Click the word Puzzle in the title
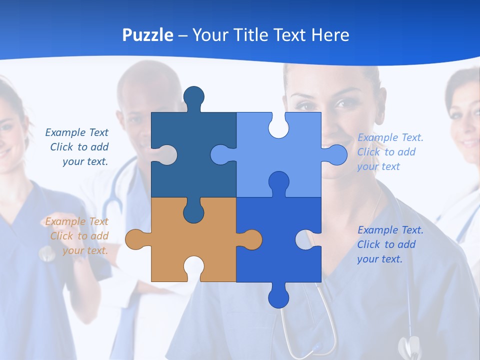[148, 35]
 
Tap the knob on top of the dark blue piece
[194, 96]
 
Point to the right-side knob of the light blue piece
[336, 154]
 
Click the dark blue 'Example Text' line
[77, 132]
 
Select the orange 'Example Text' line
[77, 221]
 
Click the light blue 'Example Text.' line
[390, 137]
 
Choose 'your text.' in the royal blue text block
[379, 259]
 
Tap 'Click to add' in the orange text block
[79, 236]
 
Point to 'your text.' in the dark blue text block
[85, 161]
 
